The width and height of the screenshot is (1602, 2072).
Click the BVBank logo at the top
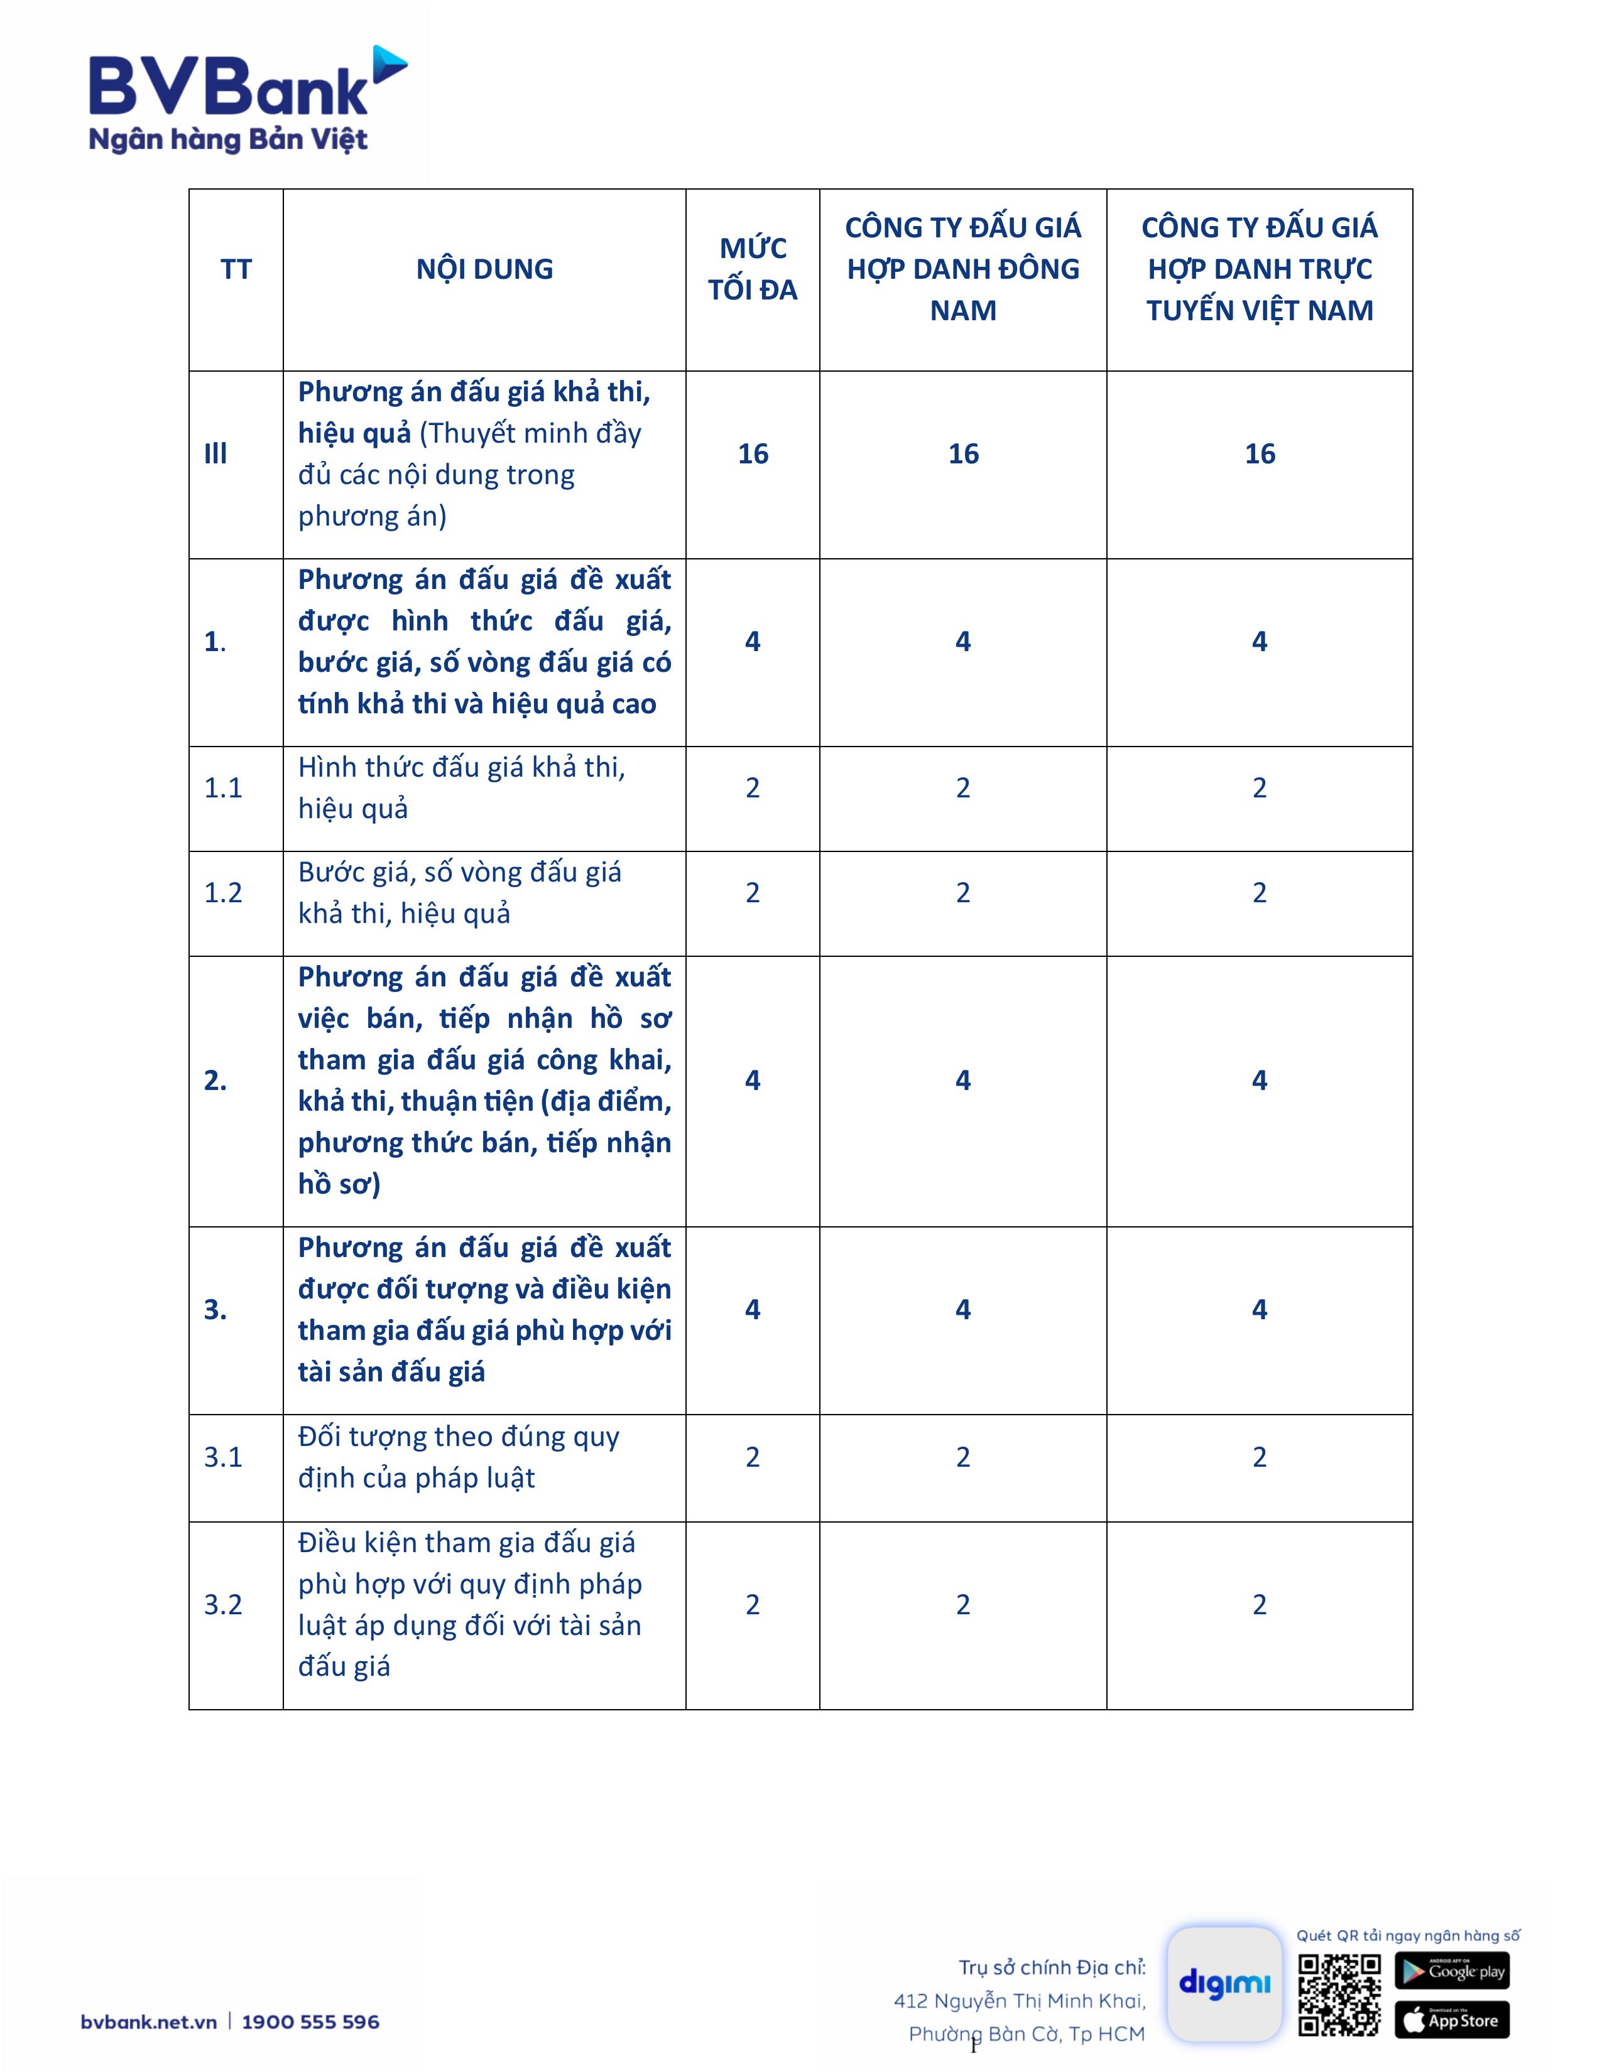coord(247,100)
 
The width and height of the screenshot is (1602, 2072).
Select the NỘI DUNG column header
coord(484,269)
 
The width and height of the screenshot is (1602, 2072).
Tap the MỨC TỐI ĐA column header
coord(753,269)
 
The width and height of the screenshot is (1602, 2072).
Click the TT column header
coord(236,269)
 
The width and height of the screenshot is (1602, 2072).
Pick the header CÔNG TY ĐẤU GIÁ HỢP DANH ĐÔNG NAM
coord(962,269)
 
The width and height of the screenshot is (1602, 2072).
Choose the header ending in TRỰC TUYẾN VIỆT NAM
coord(1260,269)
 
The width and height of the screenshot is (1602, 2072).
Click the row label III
coord(216,453)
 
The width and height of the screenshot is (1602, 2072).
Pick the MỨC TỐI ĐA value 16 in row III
coord(753,453)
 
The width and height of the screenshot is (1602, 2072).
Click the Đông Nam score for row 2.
coord(962,1081)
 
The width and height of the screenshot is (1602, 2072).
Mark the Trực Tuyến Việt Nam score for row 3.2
coord(1260,1604)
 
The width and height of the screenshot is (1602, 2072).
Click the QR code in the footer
coord(1339,1995)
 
